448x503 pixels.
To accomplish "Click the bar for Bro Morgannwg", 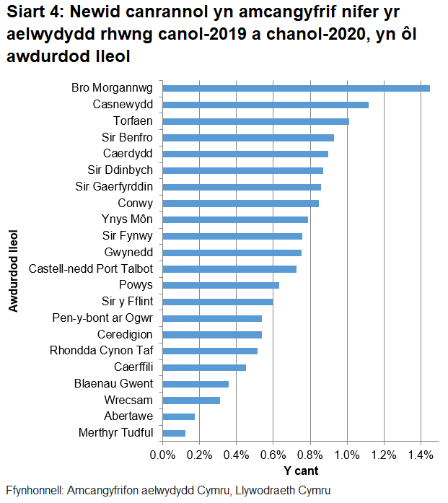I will [296, 88].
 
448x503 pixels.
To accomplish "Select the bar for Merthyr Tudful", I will [174, 433].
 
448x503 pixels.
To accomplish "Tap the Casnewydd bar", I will [265, 105].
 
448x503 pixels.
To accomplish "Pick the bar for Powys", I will [221, 285].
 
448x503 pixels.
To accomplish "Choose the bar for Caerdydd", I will [245, 154].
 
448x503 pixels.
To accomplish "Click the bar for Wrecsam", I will [191, 400].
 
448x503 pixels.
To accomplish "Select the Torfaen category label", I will [133, 121].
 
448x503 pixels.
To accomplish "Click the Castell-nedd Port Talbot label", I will [91, 268].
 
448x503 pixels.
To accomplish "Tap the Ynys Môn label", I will [128, 219].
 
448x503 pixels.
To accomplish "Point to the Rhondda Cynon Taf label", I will [102, 351].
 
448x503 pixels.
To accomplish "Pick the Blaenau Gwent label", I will [114, 383].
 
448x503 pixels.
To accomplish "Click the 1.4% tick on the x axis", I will [421, 455].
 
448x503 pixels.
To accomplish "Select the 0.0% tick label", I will [162, 455].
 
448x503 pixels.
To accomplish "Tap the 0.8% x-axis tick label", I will [309, 455].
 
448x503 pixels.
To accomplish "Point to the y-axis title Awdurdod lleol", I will [13, 271].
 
